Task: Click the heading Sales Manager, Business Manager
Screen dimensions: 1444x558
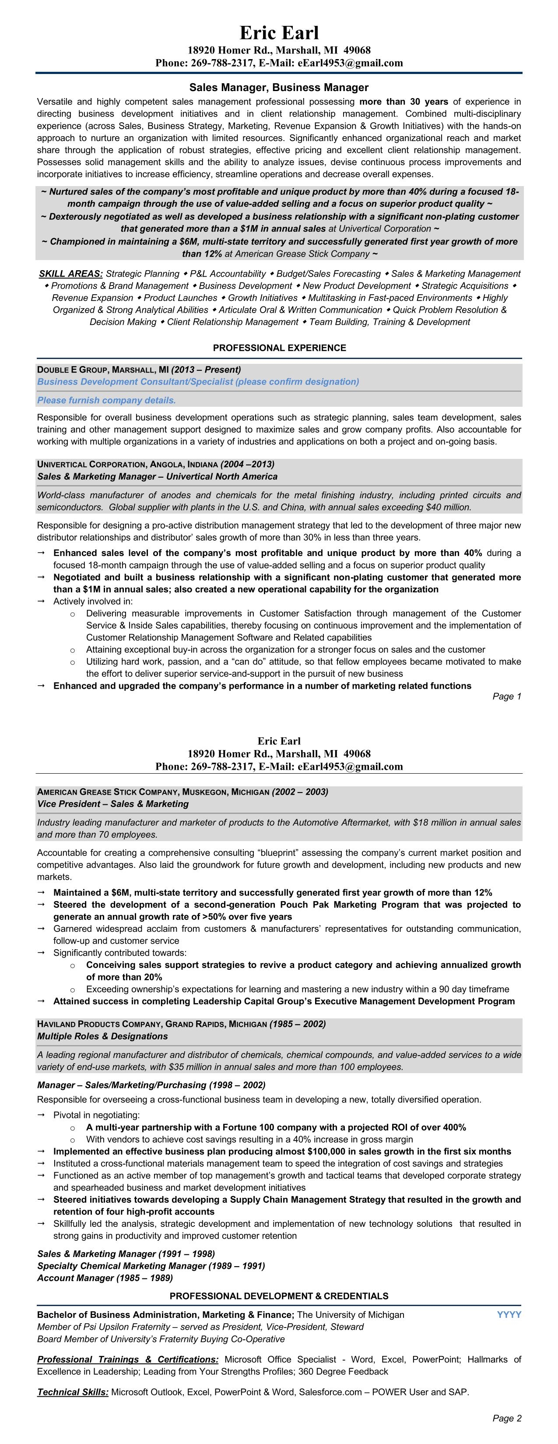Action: pyautogui.click(x=278, y=88)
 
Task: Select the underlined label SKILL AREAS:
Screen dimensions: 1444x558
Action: pyautogui.click(x=70, y=274)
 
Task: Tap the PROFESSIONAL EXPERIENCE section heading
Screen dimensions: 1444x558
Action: pyautogui.click(x=279, y=348)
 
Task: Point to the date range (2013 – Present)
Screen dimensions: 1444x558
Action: pyautogui.click(x=206, y=370)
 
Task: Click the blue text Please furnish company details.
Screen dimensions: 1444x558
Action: pyautogui.click(x=106, y=400)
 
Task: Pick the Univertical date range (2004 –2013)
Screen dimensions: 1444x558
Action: pyautogui.click(x=247, y=464)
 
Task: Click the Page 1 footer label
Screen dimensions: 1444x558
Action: pyautogui.click(x=506, y=696)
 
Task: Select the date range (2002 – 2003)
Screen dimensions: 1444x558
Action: pyautogui.click(x=300, y=792)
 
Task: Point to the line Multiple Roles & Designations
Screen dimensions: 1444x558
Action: pyautogui.click(x=102, y=1036)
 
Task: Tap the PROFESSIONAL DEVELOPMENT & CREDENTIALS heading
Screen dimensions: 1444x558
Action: pyautogui.click(x=278, y=1296)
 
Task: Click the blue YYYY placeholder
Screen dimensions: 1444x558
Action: pyautogui.click(x=509, y=1314)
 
